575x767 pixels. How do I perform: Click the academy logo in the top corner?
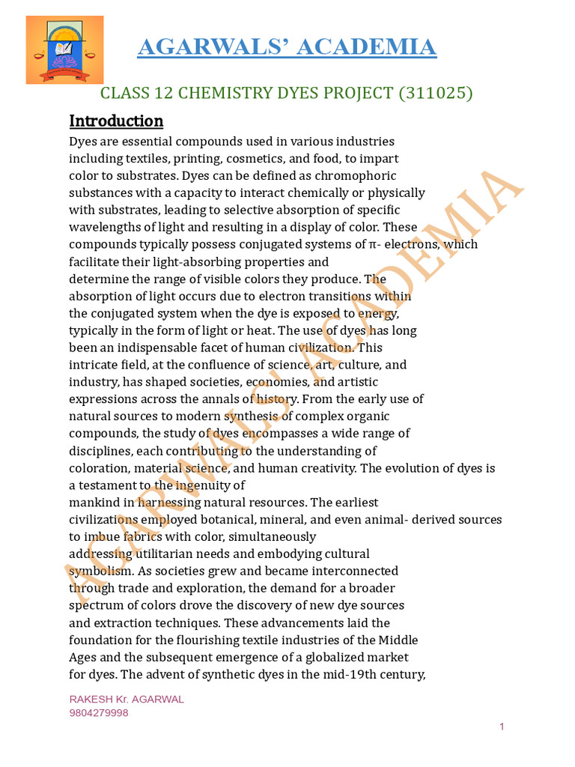tap(64, 50)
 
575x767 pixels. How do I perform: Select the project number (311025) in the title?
tap(436, 93)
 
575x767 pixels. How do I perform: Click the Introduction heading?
tap(116, 121)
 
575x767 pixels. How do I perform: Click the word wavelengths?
tap(104, 227)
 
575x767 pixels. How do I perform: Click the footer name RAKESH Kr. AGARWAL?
tap(127, 699)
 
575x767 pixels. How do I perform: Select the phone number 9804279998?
tap(99, 713)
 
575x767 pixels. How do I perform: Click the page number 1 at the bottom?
tap(502, 727)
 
